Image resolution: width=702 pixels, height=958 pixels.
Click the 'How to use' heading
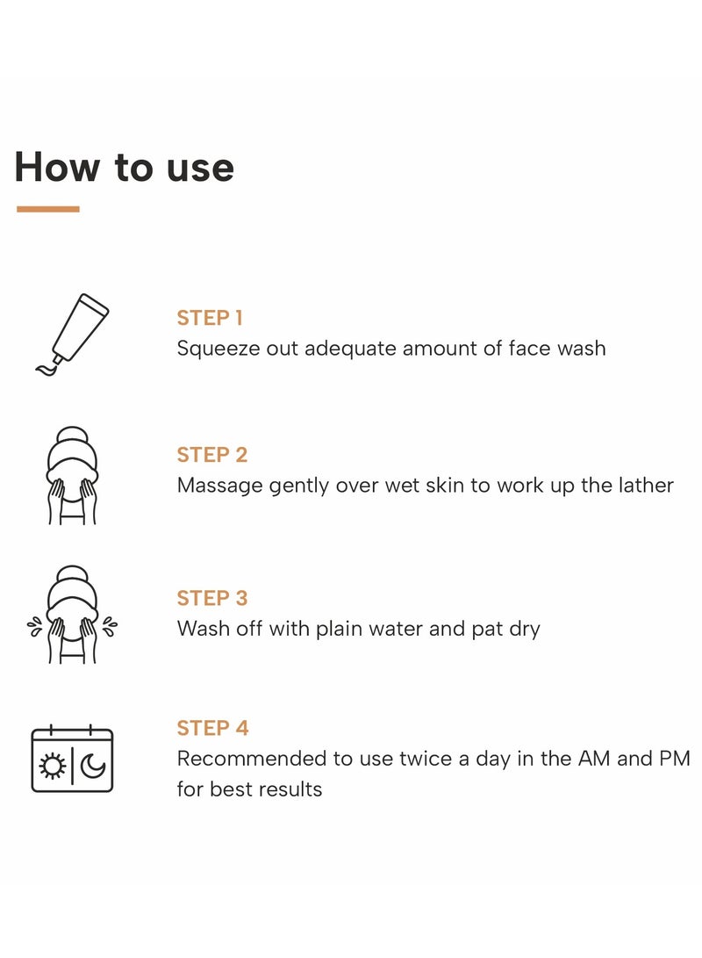coord(124,167)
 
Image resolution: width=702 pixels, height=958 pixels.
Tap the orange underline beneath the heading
coord(48,209)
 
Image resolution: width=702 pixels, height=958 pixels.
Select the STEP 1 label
coord(210,318)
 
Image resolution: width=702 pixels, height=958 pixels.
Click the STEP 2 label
coord(212,455)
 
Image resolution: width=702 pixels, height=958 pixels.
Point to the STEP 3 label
coord(212,598)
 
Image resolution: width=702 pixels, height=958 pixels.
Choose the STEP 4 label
coord(212,728)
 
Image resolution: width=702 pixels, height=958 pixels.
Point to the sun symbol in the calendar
coord(53,767)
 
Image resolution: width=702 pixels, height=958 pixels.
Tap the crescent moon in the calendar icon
coord(93,767)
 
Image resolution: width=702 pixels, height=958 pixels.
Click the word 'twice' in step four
coord(427,759)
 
